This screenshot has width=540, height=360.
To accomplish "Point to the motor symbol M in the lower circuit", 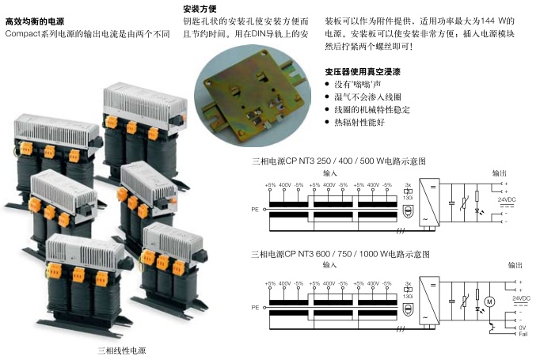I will pyautogui.click(x=489, y=301).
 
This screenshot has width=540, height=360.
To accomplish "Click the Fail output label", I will pyautogui.click(x=523, y=333).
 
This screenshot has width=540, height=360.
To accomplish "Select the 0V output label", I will pyautogui.click(x=521, y=327).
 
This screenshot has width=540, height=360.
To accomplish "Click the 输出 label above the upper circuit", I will pyautogui.click(x=500, y=172).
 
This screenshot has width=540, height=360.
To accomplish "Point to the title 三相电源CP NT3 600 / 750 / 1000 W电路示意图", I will pyautogui.click(x=340, y=254).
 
